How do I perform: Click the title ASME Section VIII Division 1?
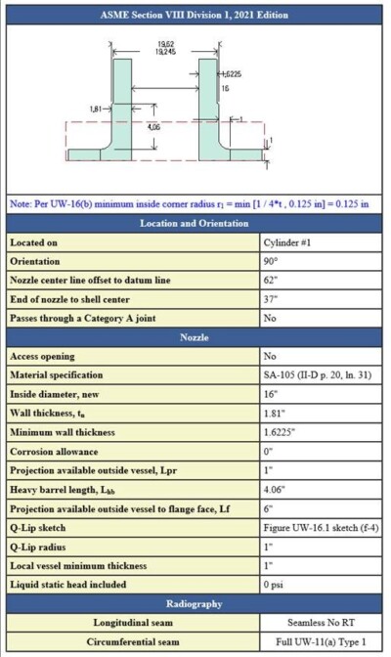(x=195, y=15)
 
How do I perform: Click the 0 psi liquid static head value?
(x=275, y=583)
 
